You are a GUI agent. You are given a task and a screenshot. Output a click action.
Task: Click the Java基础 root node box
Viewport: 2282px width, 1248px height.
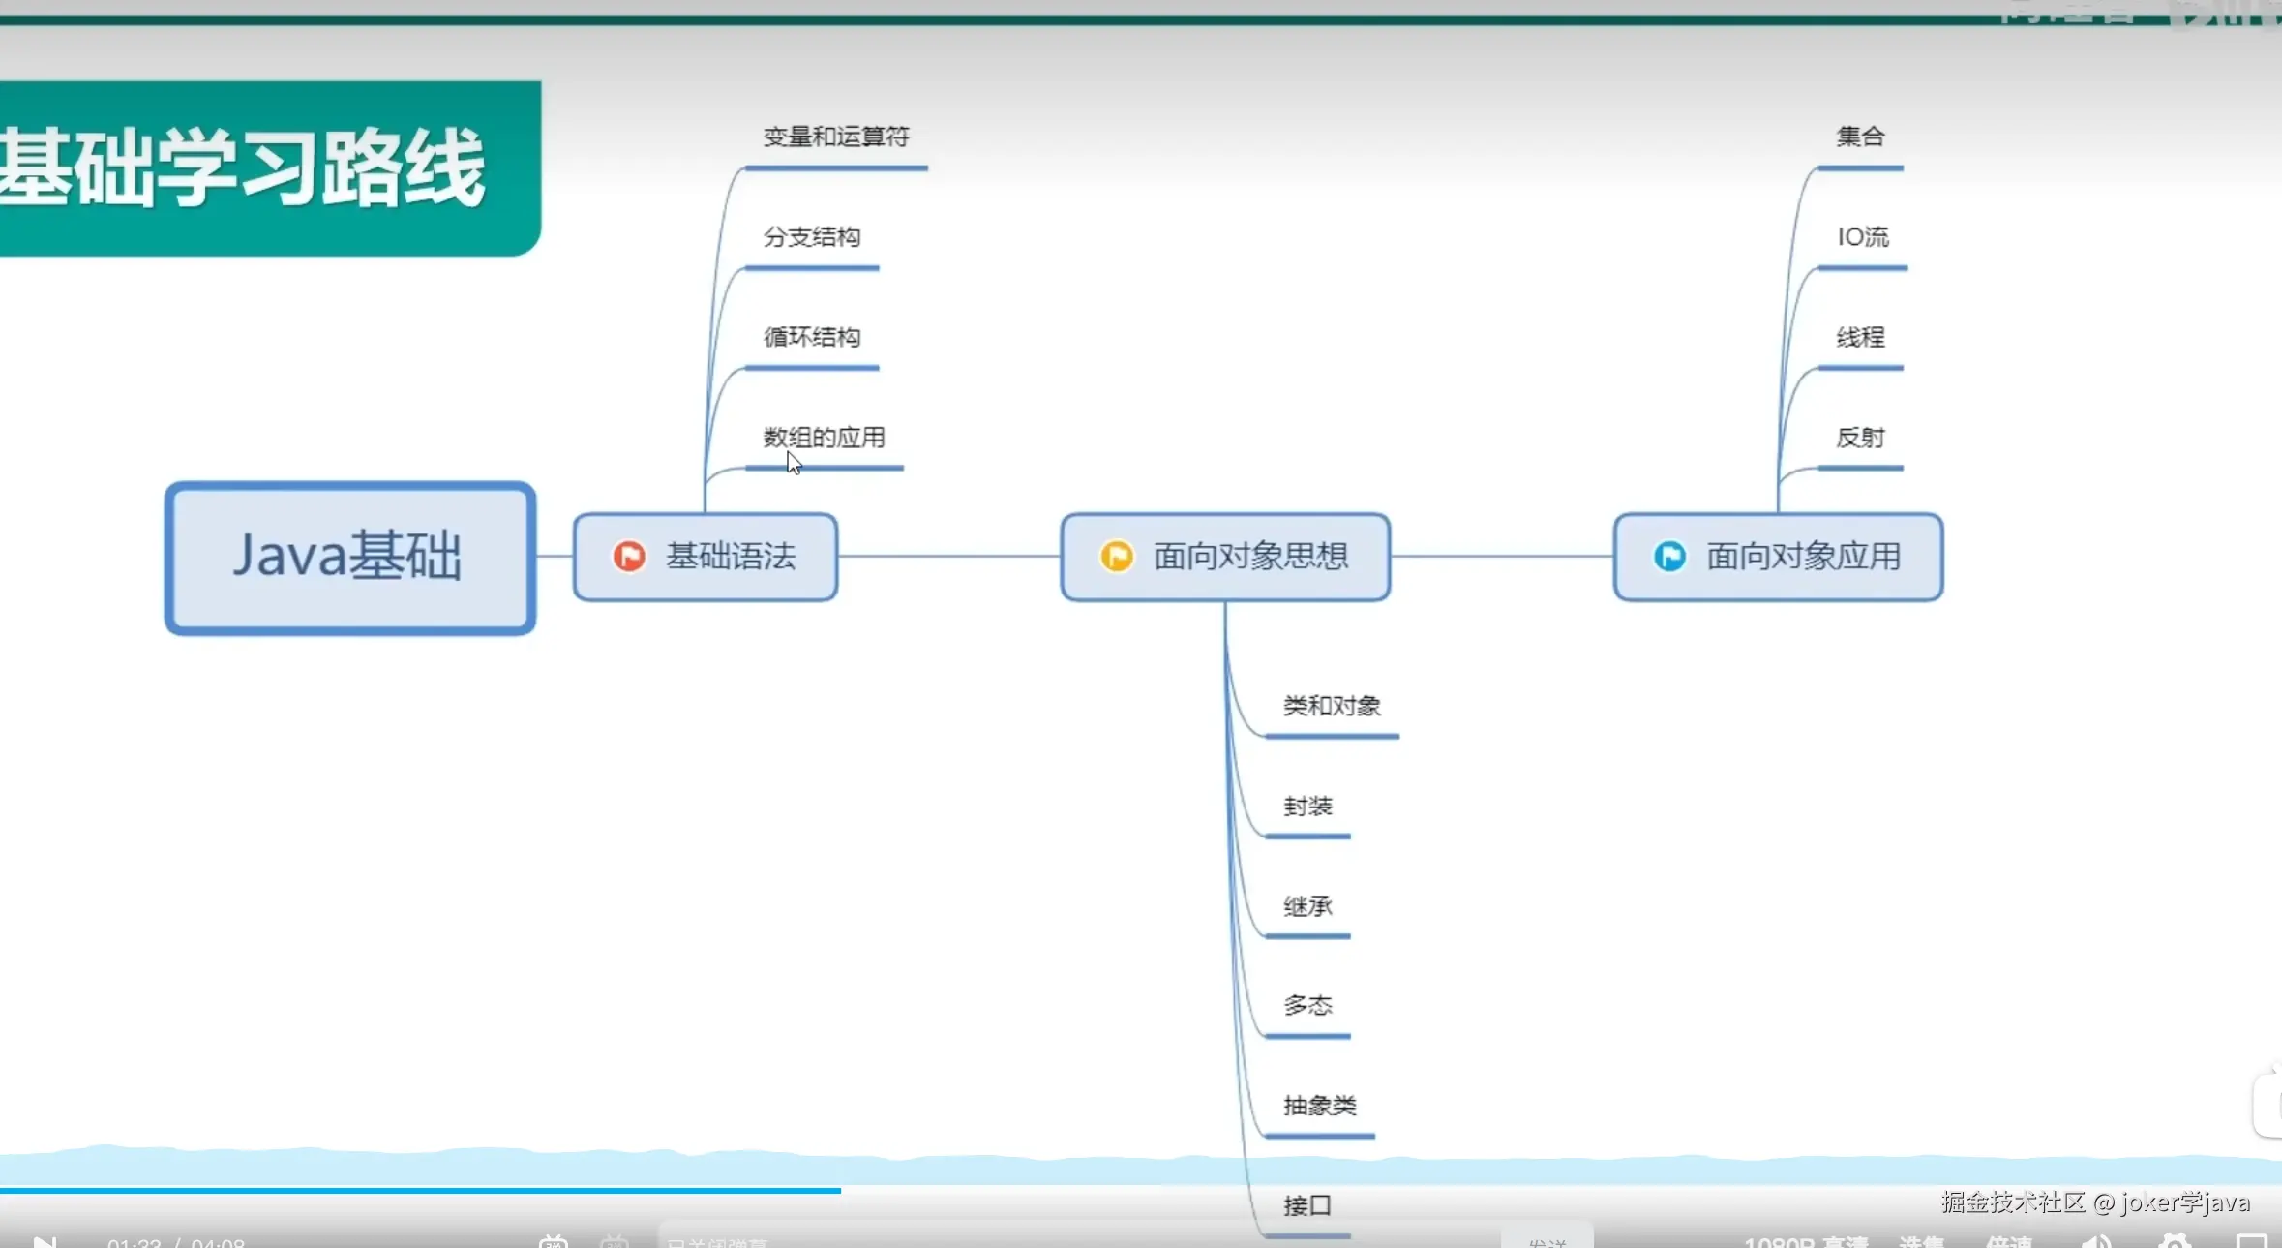349,558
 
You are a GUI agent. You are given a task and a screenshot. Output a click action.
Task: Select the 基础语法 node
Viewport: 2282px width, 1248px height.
706,557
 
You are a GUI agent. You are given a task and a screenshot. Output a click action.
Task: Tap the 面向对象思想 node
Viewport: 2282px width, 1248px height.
1225,557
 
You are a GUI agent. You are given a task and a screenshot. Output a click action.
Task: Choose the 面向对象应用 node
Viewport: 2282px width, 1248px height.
1778,557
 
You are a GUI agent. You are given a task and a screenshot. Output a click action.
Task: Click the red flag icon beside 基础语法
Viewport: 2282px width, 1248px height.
629,557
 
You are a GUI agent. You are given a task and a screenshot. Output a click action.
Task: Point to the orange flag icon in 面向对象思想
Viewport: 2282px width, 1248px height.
1117,557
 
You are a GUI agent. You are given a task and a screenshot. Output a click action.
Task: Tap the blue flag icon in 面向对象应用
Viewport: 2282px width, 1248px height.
1669,557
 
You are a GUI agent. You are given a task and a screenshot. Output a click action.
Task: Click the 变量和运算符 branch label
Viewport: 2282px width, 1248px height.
836,137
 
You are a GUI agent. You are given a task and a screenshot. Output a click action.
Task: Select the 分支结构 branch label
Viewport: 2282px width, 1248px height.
812,237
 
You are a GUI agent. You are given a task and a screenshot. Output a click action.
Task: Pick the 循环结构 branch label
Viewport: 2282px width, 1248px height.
812,337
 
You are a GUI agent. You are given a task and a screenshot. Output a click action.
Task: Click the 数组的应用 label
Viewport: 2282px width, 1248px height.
825,438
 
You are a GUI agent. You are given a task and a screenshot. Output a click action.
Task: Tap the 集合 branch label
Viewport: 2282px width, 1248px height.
1860,137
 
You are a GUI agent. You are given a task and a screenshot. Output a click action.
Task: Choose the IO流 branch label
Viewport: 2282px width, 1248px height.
1863,237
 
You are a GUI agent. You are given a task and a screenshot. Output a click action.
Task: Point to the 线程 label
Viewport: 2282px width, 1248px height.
1860,337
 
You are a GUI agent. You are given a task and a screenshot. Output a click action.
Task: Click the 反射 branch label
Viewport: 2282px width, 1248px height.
1860,438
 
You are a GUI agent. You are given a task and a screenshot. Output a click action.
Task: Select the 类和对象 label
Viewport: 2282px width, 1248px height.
1332,706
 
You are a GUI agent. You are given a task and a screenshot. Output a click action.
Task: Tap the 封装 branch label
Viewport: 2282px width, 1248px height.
1307,807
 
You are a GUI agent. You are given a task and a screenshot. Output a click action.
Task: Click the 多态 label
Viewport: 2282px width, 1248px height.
1307,1006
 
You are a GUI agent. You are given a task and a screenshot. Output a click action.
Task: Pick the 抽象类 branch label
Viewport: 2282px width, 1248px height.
1320,1106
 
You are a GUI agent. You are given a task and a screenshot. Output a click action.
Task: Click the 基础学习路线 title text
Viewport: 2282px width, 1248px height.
242,167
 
